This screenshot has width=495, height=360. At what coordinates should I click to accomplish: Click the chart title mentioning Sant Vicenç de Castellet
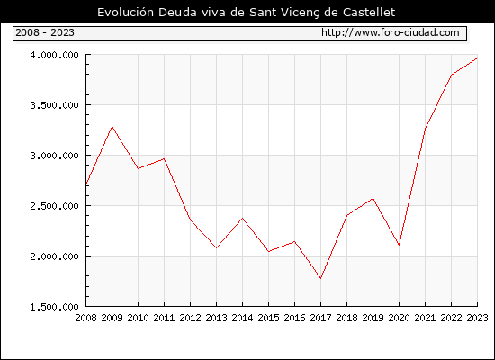[x=246, y=13]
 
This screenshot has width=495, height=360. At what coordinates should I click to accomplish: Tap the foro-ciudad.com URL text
[x=391, y=32]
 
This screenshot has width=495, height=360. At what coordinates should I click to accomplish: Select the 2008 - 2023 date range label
[x=45, y=32]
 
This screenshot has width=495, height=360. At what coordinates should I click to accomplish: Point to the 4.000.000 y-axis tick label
[x=54, y=55]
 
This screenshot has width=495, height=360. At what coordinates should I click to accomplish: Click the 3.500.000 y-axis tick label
[x=54, y=105]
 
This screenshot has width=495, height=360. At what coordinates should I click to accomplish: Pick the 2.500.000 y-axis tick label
[x=54, y=206]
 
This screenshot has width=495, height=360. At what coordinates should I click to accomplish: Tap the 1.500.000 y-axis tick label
[x=54, y=307]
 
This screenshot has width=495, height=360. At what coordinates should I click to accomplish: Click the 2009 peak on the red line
[x=112, y=127]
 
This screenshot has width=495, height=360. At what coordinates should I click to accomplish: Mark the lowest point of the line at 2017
[x=320, y=278]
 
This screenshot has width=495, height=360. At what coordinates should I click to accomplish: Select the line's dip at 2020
[x=399, y=245]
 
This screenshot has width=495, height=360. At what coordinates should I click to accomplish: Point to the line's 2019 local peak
[x=373, y=198]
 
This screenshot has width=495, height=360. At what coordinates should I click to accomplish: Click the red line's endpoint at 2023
[x=477, y=58]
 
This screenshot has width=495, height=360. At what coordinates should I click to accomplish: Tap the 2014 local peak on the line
[x=242, y=218]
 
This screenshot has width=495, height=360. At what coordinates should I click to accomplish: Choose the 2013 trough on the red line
[x=216, y=247]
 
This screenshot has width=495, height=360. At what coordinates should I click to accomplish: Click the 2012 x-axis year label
[x=190, y=318]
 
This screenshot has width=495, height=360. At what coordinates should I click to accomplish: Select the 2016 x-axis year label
[x=294, y=318]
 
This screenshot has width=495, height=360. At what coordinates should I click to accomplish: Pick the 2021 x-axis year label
[x=425, y=318]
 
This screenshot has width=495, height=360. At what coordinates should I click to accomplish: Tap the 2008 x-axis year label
[x=85, y=318]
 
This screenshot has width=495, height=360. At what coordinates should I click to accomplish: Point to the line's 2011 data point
[x=164, y=158]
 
